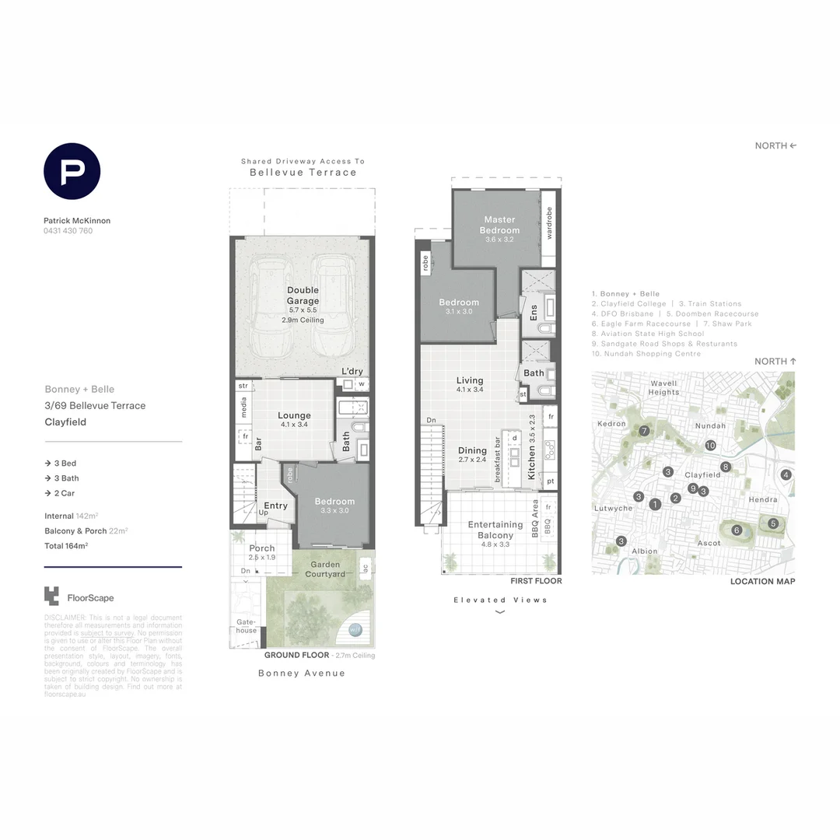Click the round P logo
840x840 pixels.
(x=72, y=171)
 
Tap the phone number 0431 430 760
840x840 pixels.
(x=68, y=231)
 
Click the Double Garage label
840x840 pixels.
(x=303, y=296)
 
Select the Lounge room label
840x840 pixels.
(x=294, y=415)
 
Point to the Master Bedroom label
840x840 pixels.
(x=499, y=225)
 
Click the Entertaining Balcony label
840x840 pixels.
(x=495, y=530)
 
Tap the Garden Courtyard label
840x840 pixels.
(x=327, y=569)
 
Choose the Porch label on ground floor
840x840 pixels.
(x=262, y=548)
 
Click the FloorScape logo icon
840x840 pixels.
(x=51, y=597)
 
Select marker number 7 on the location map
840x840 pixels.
(x=644, y=431)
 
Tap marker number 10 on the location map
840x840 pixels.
(x=710, y=446)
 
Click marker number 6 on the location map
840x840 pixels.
(x=737, y=530)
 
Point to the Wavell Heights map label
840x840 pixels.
(x=663, y=387)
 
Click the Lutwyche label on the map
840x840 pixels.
(x=614, y=508)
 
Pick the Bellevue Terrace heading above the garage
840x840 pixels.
(x=303, y=173)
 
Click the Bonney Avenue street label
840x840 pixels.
(x=302, y=673)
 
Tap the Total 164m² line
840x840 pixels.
(x=66, y=546)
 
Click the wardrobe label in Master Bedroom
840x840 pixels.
(x=549, y=222)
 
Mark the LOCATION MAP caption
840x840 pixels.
(x=762, y=581)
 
